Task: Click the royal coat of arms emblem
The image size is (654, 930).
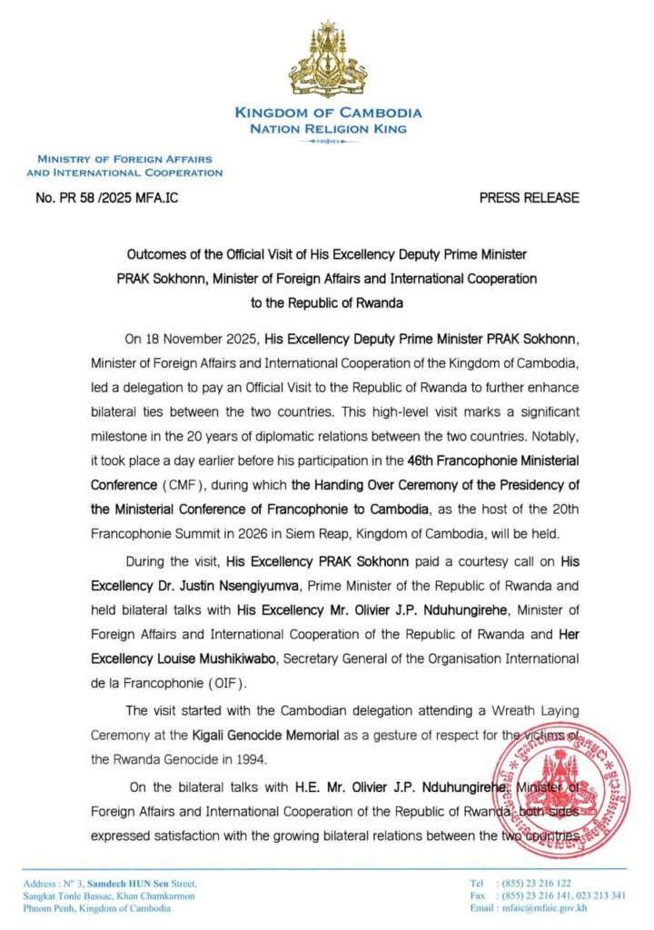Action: click(x=328, y=62)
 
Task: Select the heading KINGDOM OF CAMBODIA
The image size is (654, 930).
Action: click(x=328, y=113)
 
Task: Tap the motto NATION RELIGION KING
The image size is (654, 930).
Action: click(x=328, y=129)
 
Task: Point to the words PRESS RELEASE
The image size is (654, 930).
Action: click(x=529, y=197)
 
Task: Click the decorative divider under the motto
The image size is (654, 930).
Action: click(x=328, y=143)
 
